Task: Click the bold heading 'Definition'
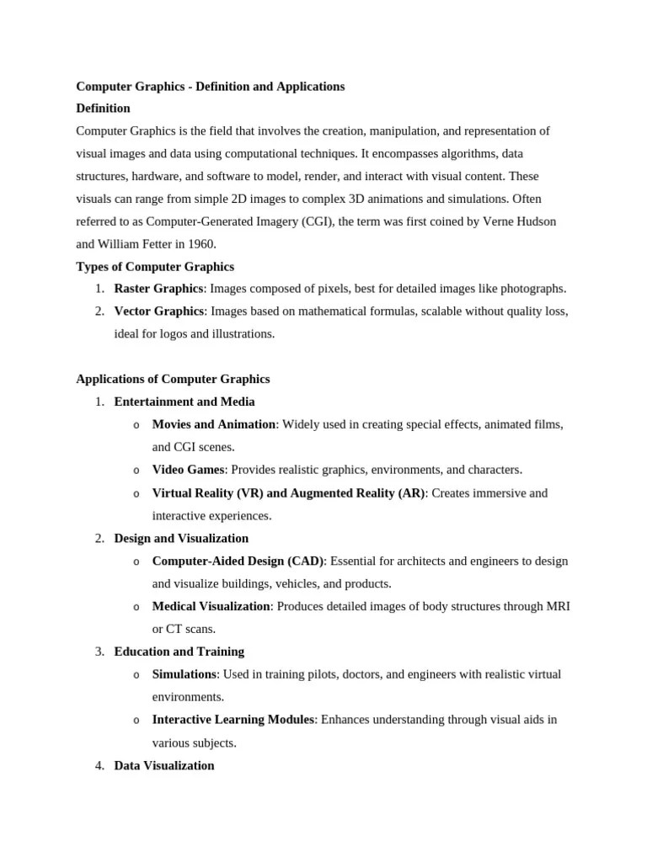103,109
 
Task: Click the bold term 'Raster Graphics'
158,289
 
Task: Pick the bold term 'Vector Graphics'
158,311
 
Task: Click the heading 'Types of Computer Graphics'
155,267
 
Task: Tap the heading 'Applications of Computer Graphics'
173,380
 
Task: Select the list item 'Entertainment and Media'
184,402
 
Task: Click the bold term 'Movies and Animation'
213,425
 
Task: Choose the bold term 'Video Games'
188,470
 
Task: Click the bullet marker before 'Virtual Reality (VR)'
136,493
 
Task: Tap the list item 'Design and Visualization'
181,538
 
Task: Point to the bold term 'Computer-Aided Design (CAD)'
238,561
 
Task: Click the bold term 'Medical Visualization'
211,606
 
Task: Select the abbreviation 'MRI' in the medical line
559,606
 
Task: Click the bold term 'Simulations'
184,674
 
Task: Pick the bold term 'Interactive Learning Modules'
233,720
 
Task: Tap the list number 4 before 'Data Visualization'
99,765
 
